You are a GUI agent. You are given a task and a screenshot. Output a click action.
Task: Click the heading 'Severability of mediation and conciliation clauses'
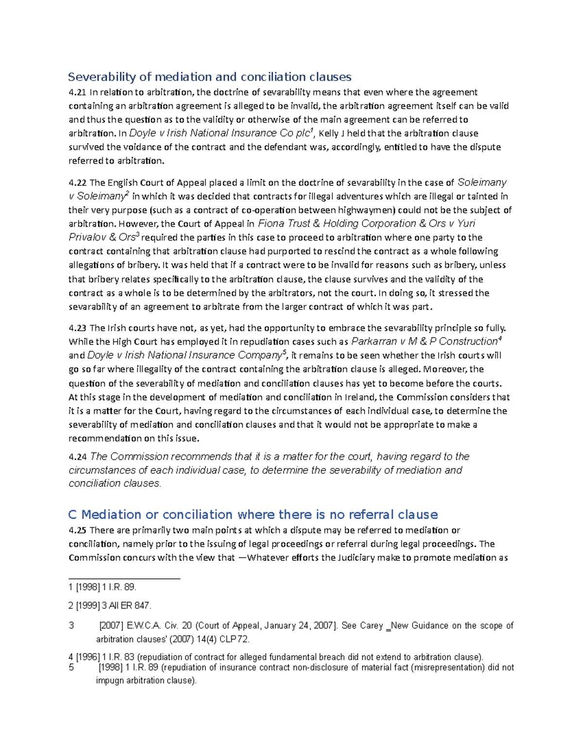209,77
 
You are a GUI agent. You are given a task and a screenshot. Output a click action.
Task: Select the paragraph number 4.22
77,183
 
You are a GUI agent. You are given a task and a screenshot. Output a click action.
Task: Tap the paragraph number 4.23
77,328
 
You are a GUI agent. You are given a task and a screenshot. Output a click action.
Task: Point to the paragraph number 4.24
77,457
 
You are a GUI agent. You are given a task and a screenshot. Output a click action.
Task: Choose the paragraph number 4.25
77,530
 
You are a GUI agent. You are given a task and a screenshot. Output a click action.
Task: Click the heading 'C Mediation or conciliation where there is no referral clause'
253,515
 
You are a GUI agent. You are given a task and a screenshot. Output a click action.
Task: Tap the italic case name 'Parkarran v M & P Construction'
424,341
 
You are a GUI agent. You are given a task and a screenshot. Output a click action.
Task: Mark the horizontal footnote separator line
124,578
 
